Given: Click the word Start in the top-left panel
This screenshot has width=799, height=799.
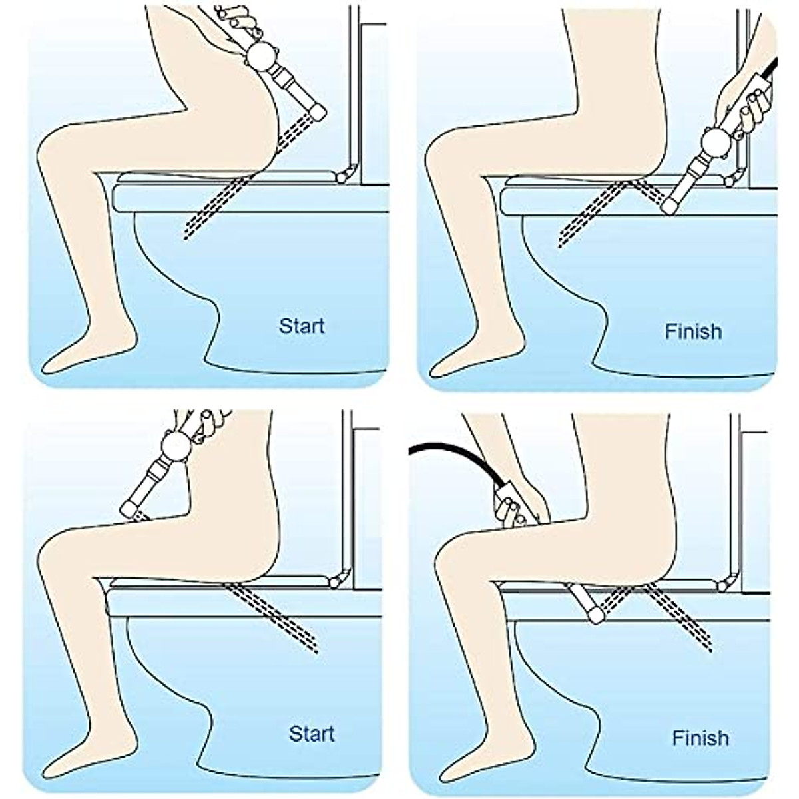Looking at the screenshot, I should coord(302,326).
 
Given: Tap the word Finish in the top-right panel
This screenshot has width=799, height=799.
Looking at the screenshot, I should coord(693,331).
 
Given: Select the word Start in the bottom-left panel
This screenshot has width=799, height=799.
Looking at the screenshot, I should coord(311,734).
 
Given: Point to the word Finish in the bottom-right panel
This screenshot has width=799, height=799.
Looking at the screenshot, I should coord(700,738).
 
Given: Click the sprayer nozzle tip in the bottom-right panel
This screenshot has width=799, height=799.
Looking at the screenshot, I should coord(595,616).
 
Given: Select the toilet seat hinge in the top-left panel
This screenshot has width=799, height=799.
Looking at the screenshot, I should coord(342,175).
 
